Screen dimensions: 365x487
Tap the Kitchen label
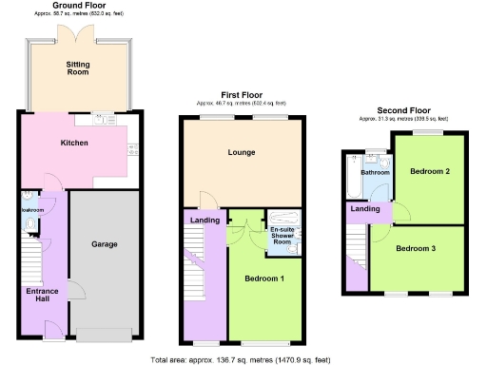point(74,143)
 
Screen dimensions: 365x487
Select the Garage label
point(104,244)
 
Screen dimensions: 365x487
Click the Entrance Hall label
point(42,295)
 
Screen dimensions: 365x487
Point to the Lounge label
point(241,152)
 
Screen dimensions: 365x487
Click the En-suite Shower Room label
point(282,236)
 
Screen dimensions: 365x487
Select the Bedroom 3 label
point(418,248)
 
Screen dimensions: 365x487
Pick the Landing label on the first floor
point(205,221)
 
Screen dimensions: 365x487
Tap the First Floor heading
point(241,95)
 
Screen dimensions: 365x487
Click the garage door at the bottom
point(105,334)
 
